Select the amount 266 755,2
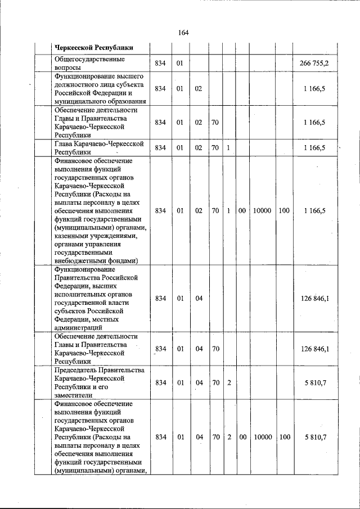click(314, 63)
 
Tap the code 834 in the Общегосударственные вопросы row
click(160, 63)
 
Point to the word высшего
click(124, 75)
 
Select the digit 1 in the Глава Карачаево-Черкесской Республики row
click(228, 148)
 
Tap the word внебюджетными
click(81, 261)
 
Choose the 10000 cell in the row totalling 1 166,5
click(262, 210)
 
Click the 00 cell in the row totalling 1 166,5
click(241, 210)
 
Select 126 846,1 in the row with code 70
click(315, 349)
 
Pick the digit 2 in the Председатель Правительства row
click(229, 382)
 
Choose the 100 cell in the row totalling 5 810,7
click(284, 436)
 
